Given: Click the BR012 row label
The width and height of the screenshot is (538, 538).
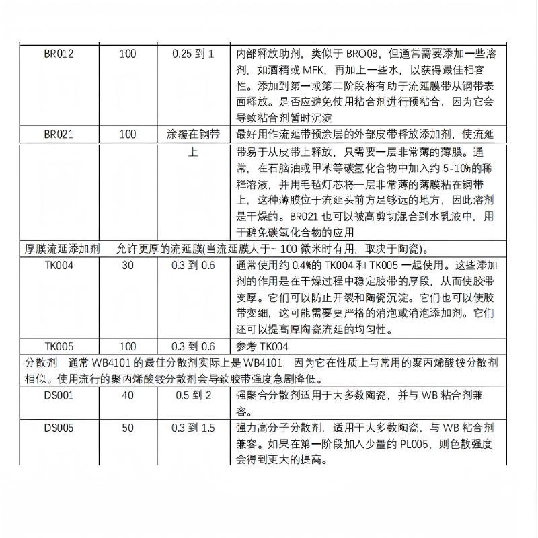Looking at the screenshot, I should coord(59,54).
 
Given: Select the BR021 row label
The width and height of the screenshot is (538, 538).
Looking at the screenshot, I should coord(59,134).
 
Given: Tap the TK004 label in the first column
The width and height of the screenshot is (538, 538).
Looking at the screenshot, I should coord(59,265).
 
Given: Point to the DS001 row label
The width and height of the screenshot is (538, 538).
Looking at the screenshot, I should coord(59,395).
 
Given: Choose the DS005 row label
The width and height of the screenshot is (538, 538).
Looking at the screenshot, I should coord(59,428).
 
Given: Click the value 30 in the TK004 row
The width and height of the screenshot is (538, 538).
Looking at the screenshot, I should coord(127,265).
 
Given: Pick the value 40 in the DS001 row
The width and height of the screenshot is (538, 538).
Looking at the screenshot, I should coord(127,395).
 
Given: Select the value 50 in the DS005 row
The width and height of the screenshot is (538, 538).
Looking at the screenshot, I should coord(127,428).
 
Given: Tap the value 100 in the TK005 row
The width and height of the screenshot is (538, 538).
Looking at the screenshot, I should coord(127,347).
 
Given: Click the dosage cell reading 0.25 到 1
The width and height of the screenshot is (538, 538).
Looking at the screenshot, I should coord(193,54).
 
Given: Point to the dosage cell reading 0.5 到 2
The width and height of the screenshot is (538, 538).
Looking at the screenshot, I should coord(193,395).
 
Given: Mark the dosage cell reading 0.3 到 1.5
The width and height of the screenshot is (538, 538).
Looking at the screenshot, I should coord(193,428).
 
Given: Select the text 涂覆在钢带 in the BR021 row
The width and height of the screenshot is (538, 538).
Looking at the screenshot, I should coord(193,134).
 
